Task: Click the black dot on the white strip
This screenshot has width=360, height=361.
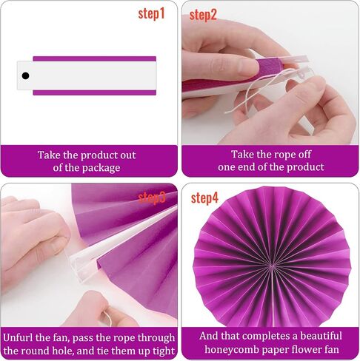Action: (25, 75)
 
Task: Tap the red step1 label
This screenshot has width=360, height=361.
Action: (151, 14)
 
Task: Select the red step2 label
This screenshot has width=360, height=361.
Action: (203, 16)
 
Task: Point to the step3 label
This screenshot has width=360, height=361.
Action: (152, 198)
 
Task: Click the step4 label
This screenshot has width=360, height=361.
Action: (204, 198)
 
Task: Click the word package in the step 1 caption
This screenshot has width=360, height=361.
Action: (101, 169)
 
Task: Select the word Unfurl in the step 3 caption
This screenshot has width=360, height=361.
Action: (19, 337)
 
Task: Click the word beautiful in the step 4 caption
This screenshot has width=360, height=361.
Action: (321, 336)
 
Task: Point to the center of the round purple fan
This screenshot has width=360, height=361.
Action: (272, 266)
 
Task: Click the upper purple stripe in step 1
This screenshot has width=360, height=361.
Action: (95, 58)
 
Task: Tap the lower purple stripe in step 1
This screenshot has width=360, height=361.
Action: (95, 92)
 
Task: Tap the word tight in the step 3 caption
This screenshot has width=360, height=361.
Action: (163, 351)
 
